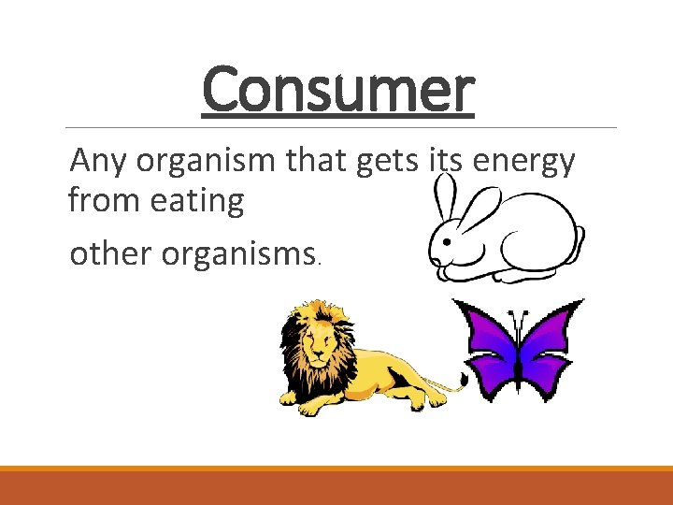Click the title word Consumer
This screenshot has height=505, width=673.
[x=338, y=91]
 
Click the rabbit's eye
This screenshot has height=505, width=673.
[x=445, y=240]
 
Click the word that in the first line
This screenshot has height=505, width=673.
[x=319, y=162]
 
